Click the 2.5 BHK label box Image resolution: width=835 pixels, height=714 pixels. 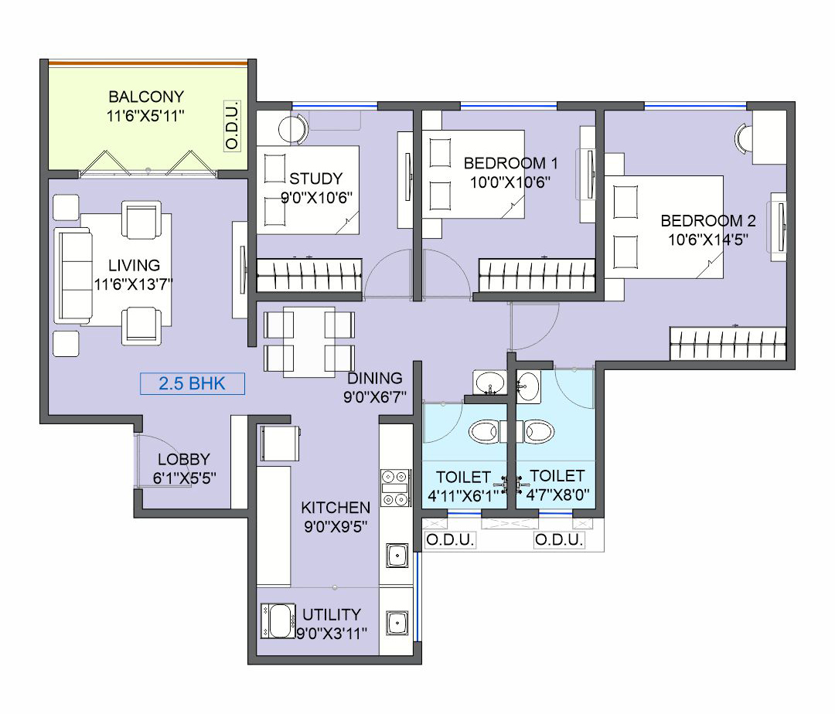(x=193, y=383)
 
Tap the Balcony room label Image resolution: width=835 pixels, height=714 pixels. (x=146, y=97)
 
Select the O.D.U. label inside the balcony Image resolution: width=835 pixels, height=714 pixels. (x=232, y=125)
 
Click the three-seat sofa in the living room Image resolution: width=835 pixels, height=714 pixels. (x=73, y=276)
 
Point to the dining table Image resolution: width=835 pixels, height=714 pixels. (x=308, y=342)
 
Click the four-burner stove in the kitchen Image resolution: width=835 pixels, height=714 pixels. (x=395, y=488)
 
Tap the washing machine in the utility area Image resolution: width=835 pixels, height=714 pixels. (x=278, y=620)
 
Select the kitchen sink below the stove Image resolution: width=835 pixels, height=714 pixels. (x=397, y=556)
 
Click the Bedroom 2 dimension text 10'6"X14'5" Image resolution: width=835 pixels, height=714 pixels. (x=708, y=240)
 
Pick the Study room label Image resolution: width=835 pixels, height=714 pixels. (x=315, y=178)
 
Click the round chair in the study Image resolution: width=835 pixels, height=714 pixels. (x=292, y=129)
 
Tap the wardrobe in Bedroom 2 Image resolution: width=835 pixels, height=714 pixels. (x=728, y=343)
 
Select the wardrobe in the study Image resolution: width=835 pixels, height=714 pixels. (x=309, y=274)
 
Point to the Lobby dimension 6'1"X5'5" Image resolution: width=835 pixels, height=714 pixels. (x=184, y=478)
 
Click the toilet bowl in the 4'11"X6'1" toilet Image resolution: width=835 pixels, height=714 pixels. (x=485, y=431)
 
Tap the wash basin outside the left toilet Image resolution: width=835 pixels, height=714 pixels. (x=489, y=382)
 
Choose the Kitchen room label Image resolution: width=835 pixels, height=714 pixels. (x=336, y=508)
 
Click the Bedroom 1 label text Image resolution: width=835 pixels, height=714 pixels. (x=510, y=163)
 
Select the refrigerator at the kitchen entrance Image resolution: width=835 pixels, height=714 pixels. (x=280, y=443)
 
